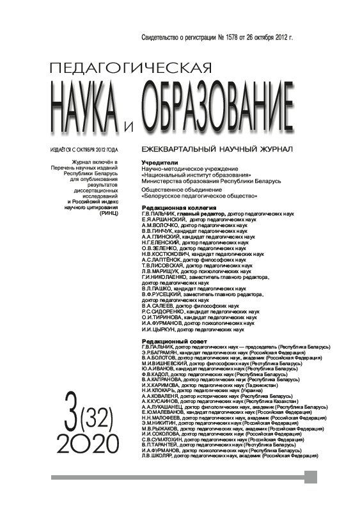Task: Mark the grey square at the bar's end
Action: [x=311, y=476]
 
